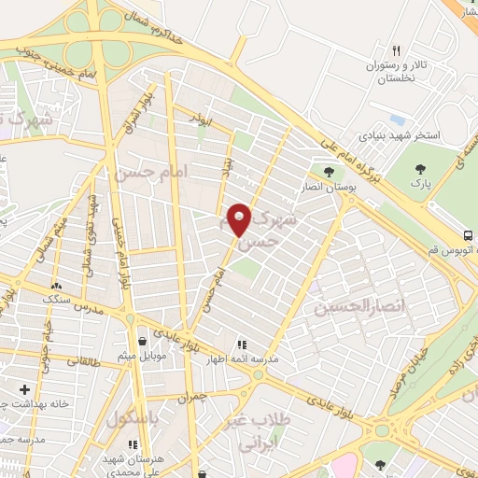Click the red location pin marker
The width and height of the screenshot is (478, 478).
coord(241,220)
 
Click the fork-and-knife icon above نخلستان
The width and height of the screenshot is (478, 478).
coord(397,50)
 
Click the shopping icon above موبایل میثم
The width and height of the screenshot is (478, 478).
coord(141,342)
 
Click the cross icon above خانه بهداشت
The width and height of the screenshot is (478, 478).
coord(24,388)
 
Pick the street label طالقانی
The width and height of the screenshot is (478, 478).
coord(85,359)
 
